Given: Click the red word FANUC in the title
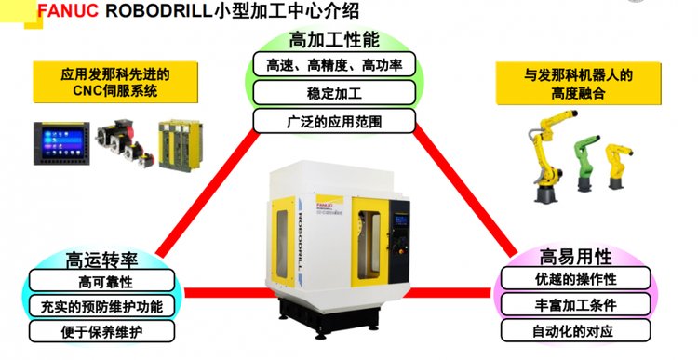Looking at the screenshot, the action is (x=68, y=10).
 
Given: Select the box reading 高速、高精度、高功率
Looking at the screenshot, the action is (x=334, y=64).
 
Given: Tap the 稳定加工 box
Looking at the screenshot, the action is (x=334, y=93).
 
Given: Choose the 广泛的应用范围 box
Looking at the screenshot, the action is (x=334, y=121).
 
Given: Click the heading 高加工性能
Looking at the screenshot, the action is (x=334, y=40).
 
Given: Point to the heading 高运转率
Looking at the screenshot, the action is (x=101, y=260).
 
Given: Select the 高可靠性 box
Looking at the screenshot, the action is (x=102, y=281).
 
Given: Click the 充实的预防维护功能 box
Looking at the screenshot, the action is (x=102, y=306).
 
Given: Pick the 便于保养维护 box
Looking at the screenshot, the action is (x=102, y=331).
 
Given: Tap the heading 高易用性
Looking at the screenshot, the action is (x=575, y=257).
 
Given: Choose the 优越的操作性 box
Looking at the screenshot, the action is (x=575, y=278).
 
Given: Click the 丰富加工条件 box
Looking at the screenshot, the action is (x=575, y=305).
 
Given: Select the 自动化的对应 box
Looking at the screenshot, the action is (x=575, y=330).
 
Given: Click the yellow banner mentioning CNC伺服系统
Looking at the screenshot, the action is (x=115, y=82).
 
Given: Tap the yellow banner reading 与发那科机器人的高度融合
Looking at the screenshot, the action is (x=578, y=84).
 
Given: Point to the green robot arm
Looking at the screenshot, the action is (x=586, y=164).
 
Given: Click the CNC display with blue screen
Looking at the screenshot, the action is (x=61, y=143).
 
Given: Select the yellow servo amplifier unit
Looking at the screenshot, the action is (x=181, y=145).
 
